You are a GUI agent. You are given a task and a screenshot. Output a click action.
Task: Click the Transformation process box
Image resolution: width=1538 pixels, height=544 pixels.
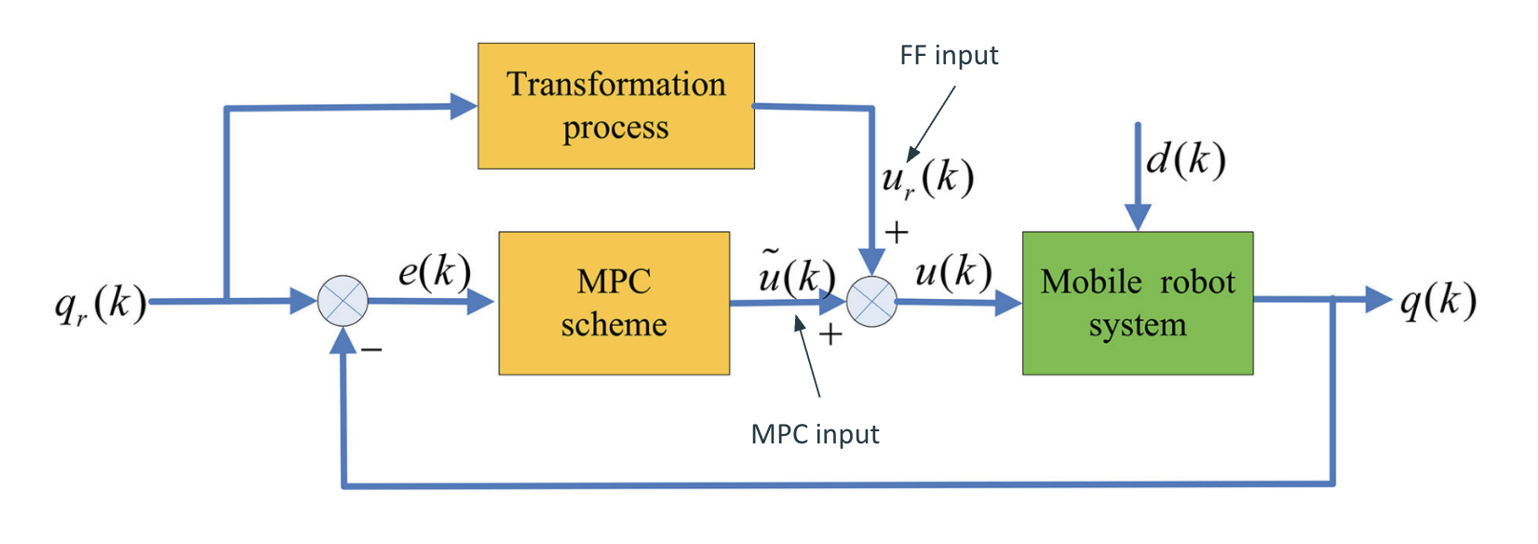[x=615, y=105]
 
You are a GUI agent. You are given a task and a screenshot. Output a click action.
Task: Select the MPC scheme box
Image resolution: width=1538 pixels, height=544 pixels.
[x=614, y=303]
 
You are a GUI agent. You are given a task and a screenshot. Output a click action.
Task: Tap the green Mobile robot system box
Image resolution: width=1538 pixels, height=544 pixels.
[x=1137, y=303]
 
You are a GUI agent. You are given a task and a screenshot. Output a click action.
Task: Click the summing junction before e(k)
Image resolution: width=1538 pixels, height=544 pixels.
[x=343, y=301]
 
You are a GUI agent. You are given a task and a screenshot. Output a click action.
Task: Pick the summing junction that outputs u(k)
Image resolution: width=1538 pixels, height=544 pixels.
[x=872, y=302]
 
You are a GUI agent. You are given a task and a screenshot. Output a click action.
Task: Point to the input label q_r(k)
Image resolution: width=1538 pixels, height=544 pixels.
[x=101, y=303]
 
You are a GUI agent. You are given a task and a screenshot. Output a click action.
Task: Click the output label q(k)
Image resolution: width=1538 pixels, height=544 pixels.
[x=1438, y=301]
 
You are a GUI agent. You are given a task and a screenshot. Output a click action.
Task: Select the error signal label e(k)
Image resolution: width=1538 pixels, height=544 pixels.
[x=434, y=271]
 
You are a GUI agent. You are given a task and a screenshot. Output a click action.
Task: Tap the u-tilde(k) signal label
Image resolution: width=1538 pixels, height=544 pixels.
[x=796, y=272]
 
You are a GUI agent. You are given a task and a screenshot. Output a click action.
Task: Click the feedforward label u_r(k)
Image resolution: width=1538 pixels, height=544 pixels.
[x=927, y=177]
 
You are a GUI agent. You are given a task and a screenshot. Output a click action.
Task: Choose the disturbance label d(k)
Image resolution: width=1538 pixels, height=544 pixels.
[x=1185, y=159]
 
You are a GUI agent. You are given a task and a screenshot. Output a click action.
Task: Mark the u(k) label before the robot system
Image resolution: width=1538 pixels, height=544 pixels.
[x=953, y=271]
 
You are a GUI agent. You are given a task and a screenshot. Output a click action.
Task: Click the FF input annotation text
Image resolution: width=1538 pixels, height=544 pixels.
[x=949, y=56]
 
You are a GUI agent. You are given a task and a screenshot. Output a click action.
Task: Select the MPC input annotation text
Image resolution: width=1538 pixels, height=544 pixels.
[x=815, y=434]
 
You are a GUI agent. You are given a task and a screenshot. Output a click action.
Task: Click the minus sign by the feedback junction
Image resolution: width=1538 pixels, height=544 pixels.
[x=371, y=349]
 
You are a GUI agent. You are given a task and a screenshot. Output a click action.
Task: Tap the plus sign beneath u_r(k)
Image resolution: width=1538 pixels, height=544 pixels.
[x=897, y=232]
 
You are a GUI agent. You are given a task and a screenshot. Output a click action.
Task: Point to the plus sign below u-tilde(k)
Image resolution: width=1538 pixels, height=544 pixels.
[x=830, y=333]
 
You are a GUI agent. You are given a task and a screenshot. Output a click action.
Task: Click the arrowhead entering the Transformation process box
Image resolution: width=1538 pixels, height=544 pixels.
[x=464, y=106]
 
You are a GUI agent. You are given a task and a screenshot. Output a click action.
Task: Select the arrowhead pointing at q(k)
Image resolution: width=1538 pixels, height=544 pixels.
[x=1378, y=299]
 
